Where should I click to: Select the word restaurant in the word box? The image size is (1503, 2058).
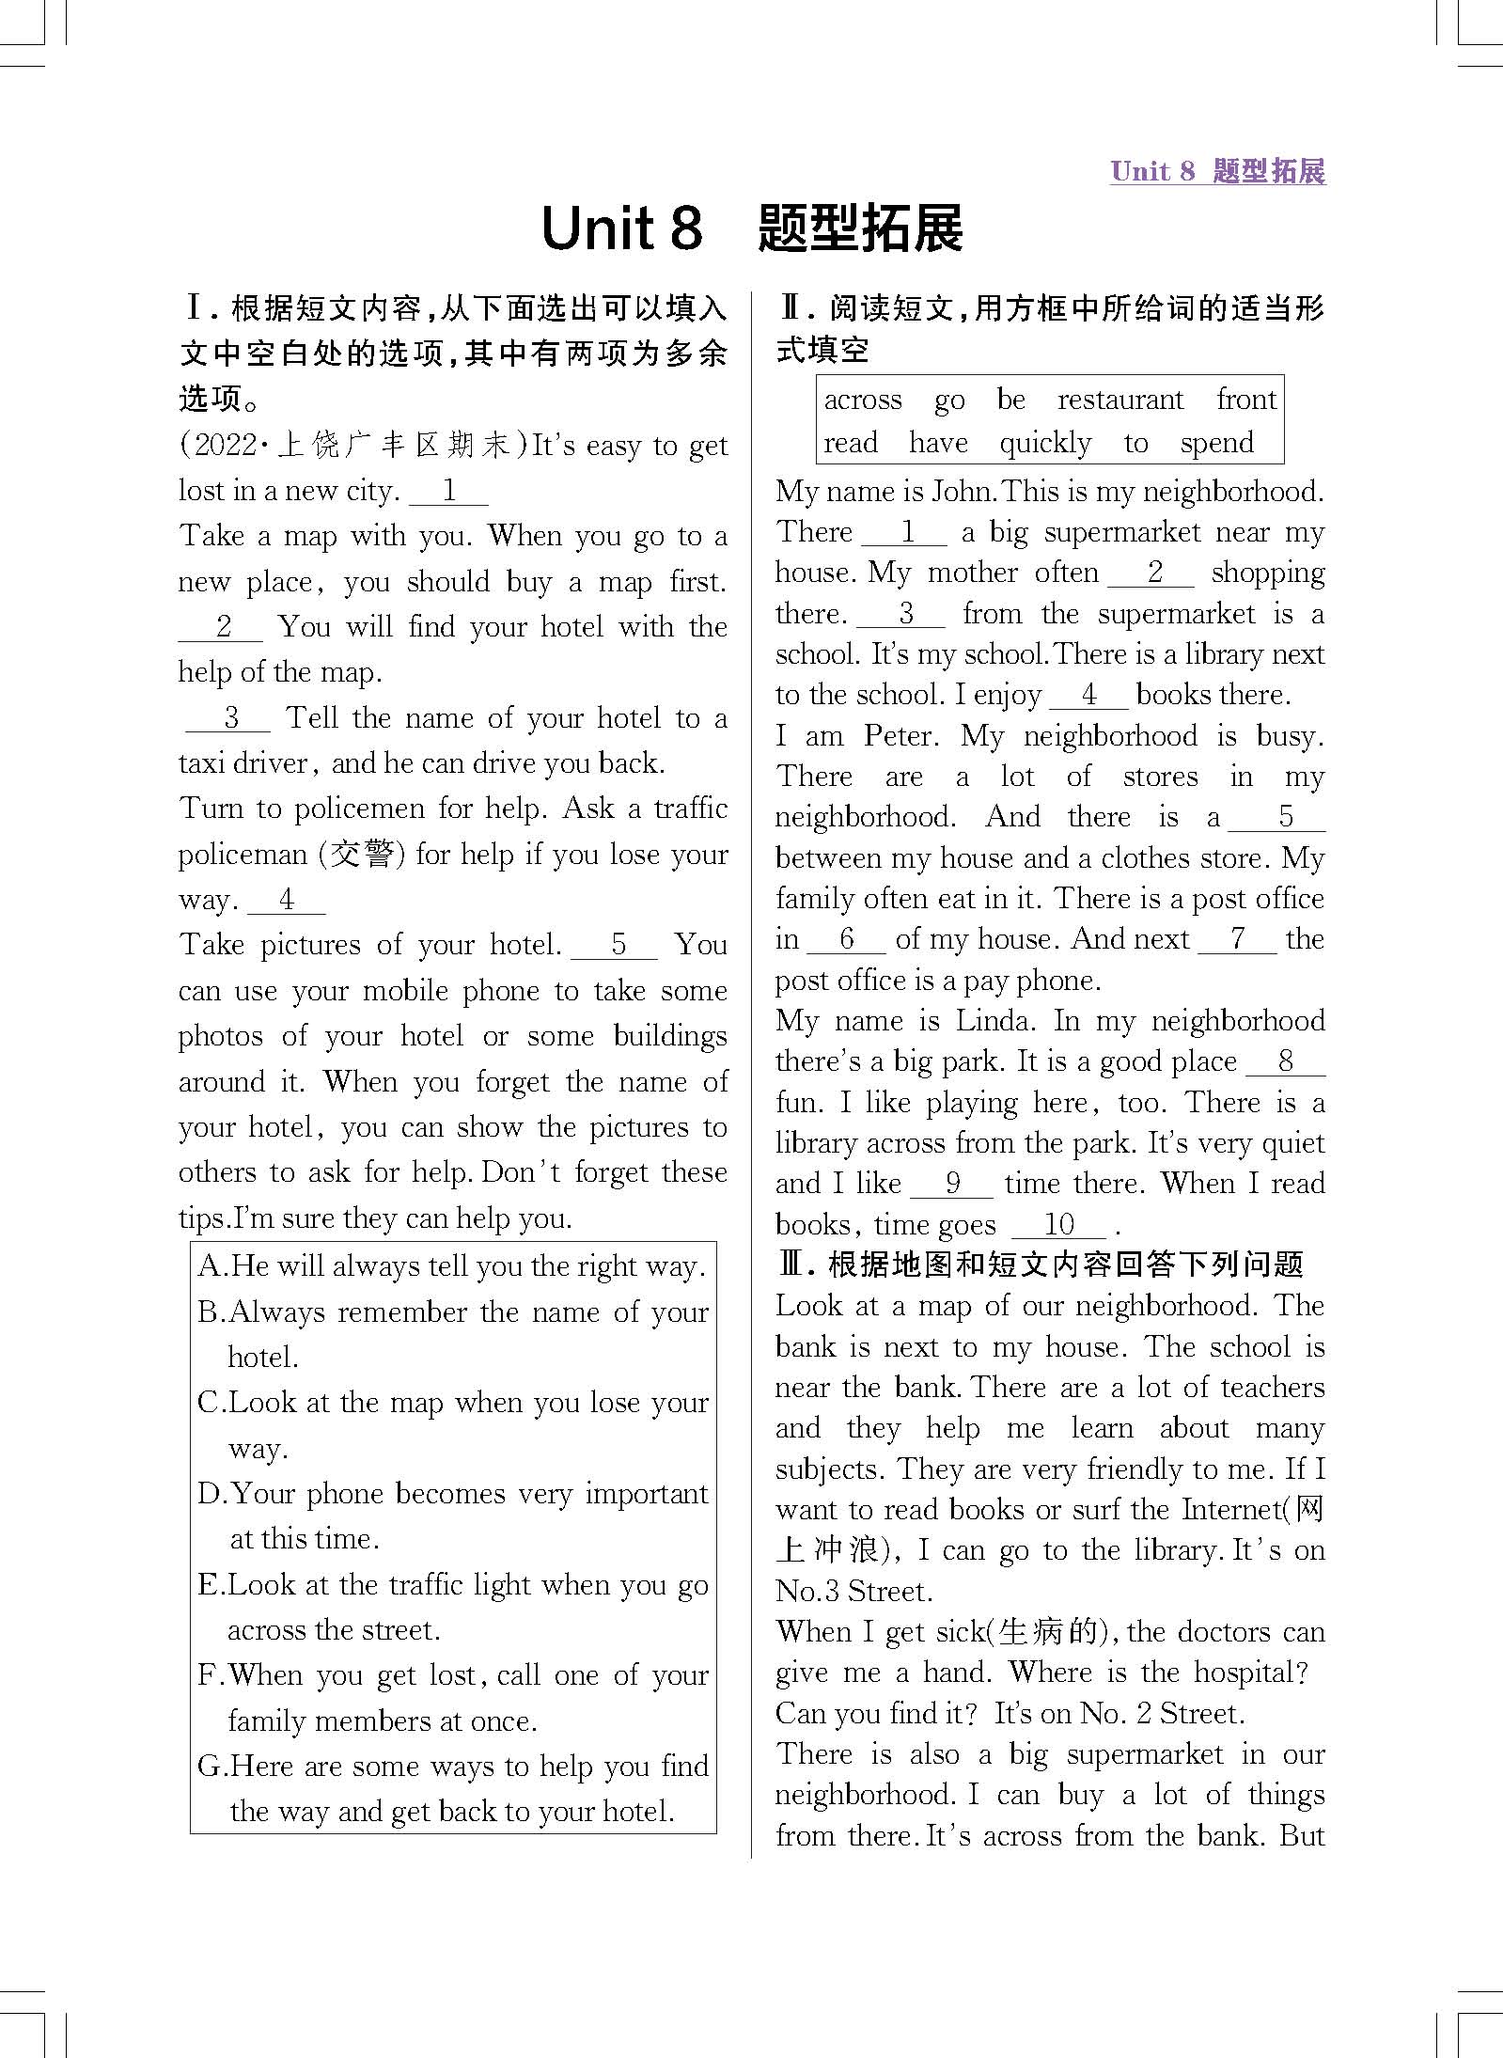tap(1119, 400)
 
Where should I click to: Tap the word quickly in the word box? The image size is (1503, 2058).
tap(1045, 443)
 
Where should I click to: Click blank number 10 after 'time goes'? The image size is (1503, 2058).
tap(1058, 1224)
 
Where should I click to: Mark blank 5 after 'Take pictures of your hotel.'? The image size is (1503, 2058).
tap(617, 945)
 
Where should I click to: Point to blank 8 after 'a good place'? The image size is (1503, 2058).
tap(1285, 1061)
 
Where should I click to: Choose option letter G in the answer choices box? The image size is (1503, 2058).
tap(211, 1767)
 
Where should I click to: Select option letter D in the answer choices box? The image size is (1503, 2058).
tap(211, 1494)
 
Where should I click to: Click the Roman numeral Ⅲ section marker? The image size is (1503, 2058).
tap(793, 1265)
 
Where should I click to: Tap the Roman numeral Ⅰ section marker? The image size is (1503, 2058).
tap(196, 308)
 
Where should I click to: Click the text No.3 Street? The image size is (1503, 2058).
tap(853, 1592)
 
